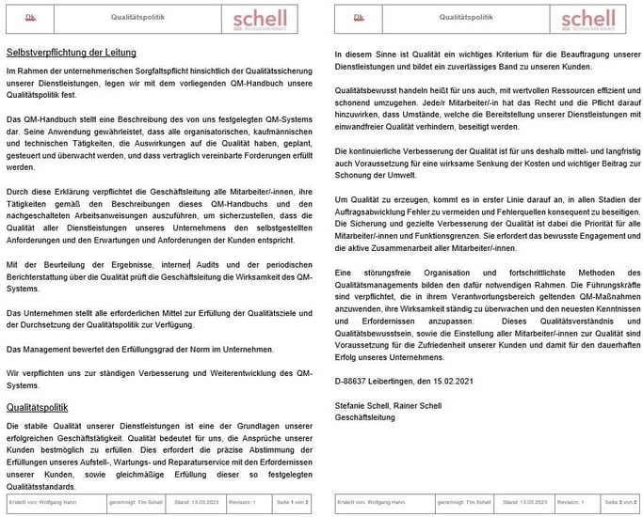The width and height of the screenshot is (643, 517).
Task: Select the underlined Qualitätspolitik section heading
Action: click(37, 407)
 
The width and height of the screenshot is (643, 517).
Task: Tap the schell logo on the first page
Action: click(261, 20)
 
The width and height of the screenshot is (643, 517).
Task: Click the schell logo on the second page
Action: click(587, 20)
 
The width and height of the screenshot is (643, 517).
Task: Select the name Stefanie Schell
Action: click(362, 407)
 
